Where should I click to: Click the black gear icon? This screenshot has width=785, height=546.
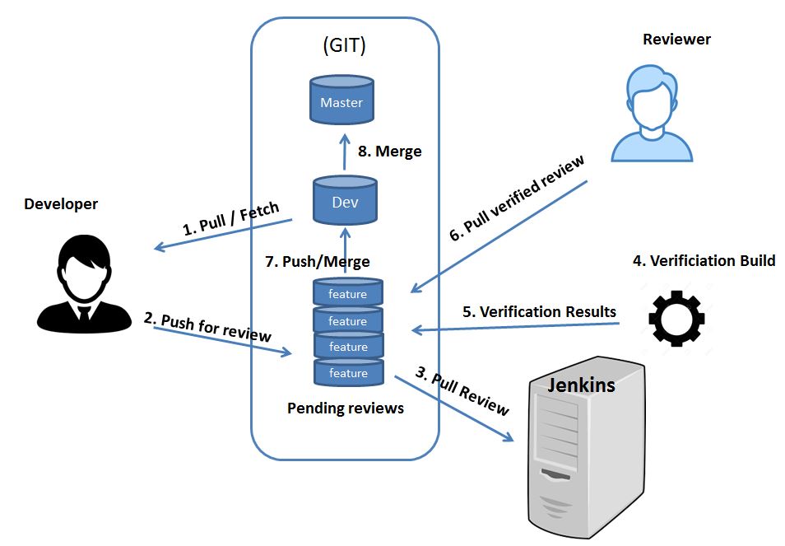(676, 320)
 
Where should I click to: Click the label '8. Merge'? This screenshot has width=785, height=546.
(389, 151)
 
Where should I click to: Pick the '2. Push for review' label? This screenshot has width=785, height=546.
(207, 327)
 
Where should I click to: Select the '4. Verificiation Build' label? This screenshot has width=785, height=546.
(704, 261)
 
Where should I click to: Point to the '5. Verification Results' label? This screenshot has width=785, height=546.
(538, 311)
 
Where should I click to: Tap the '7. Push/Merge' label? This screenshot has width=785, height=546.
(318, 261)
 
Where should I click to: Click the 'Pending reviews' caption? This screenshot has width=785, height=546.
(345, 408)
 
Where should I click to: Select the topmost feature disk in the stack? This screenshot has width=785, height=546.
(348, 293)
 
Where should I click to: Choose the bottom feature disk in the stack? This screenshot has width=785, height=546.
(348, 373)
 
